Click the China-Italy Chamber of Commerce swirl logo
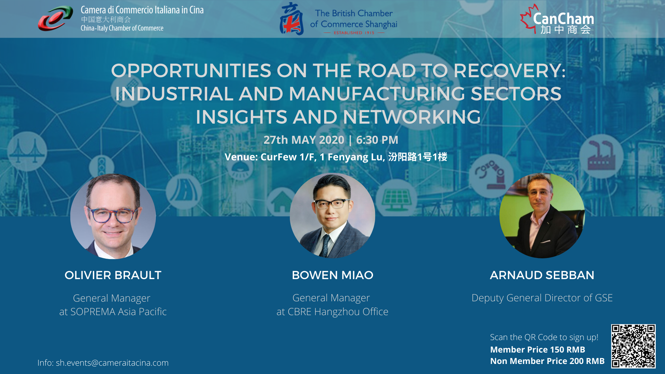[55, 19]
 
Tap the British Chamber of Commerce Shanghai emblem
[291, 19]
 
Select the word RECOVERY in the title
[509, 71]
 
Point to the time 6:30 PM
[377, 140]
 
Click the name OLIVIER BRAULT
[113, 275]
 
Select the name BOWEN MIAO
[332, 275]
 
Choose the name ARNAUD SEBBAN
[542, 275]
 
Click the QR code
[633, 346]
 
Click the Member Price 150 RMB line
[538, 350]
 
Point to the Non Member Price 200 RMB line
[547, 361]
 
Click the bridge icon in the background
[27, 151]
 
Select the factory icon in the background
[601, 156]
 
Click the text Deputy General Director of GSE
[542, 298]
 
